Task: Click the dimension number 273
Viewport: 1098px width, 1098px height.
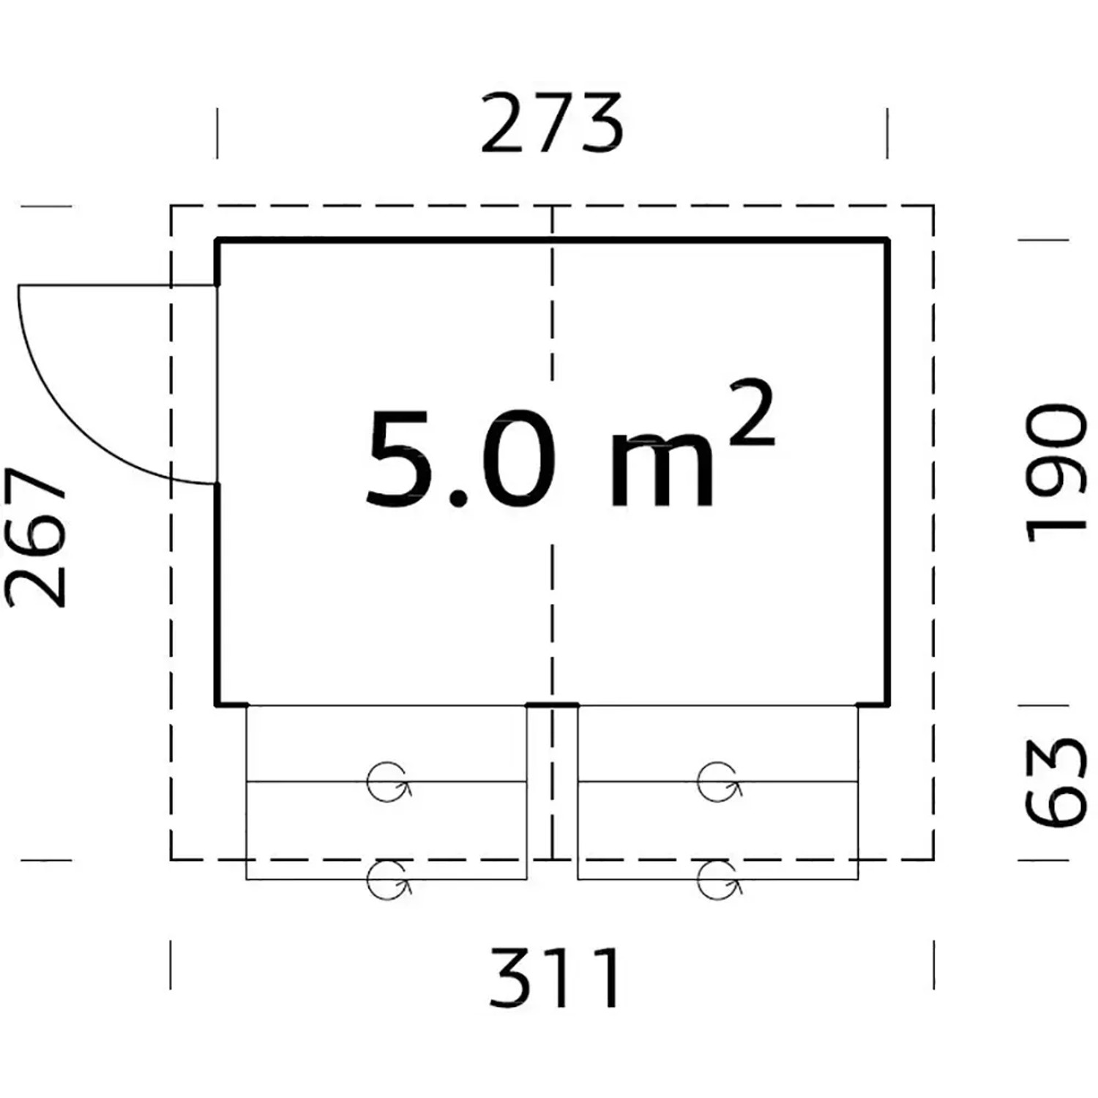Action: point(551,123)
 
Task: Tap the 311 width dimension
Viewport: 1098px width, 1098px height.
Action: point(555,978)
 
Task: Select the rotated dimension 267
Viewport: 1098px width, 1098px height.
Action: point(35,538)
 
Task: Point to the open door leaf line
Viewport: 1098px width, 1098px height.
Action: point(118,285)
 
